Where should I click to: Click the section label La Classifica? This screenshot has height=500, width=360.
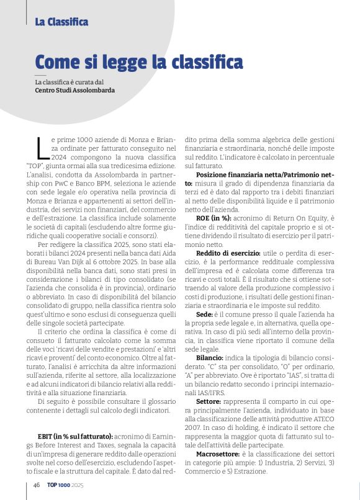pos(61,22)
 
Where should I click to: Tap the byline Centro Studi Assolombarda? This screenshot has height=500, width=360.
pos(75,90)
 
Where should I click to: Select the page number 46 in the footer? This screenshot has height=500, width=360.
pos(37,484)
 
